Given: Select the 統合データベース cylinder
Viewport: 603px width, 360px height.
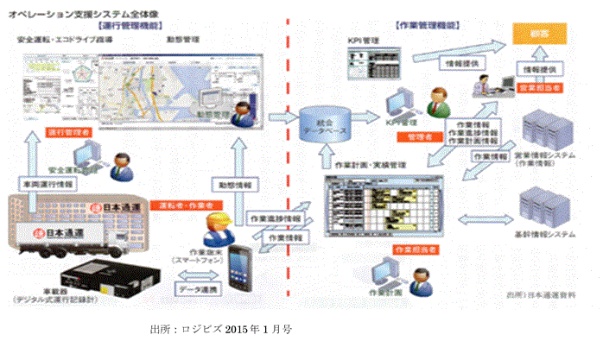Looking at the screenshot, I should click(x=321, y=125).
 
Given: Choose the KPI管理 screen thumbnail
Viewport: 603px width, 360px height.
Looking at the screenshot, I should click(x=372, y=63).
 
